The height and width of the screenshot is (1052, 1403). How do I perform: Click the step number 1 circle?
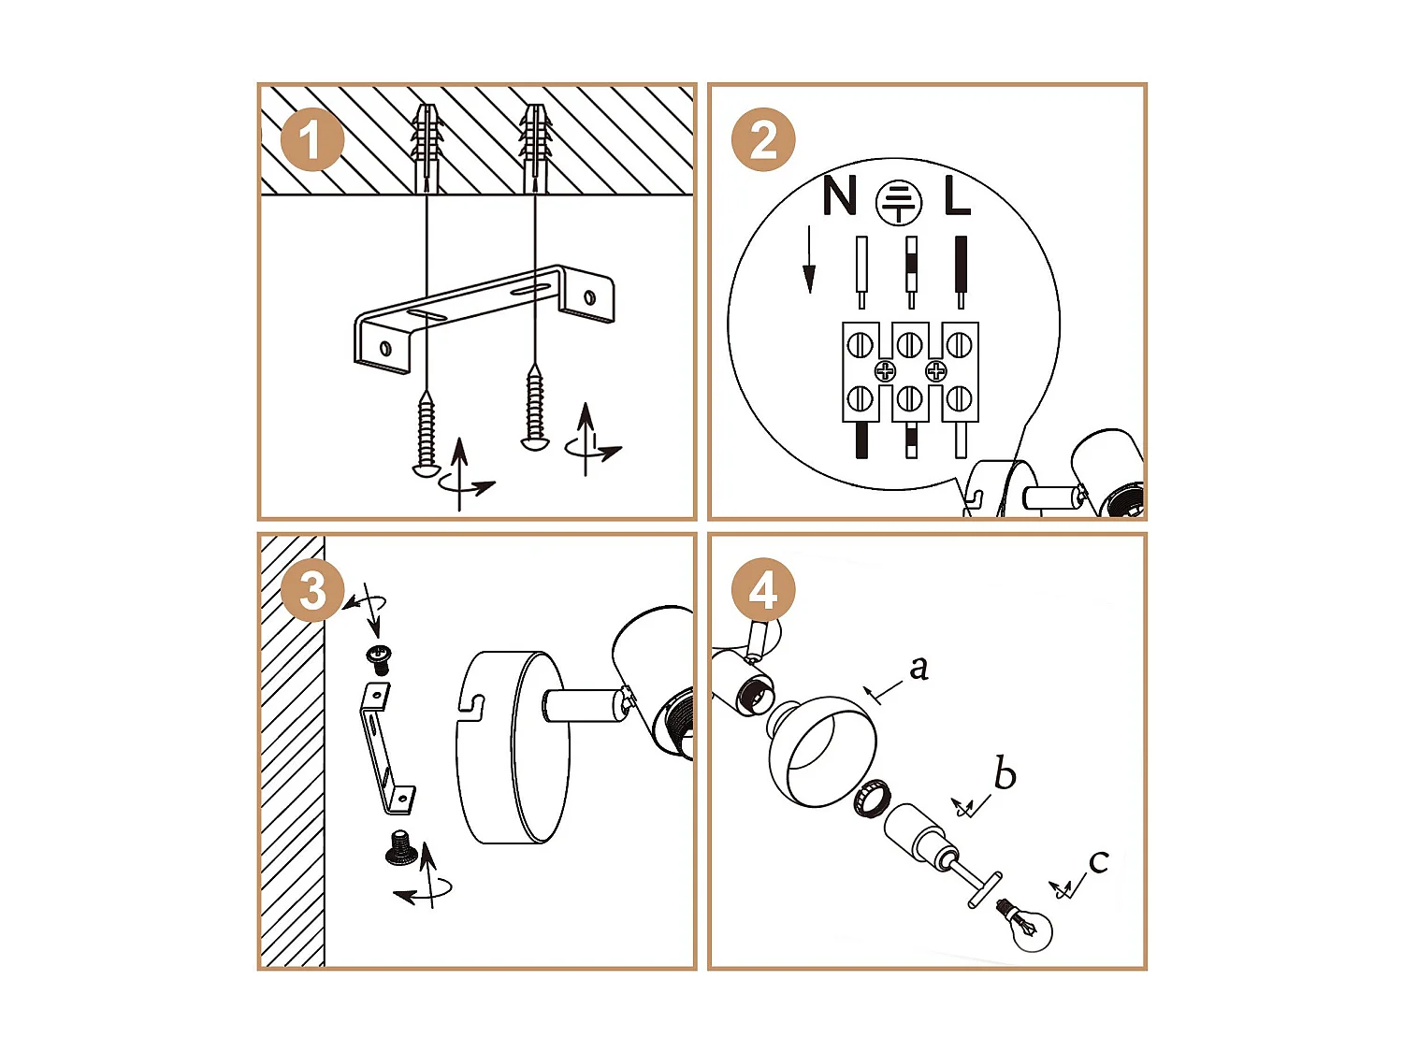point(311,140)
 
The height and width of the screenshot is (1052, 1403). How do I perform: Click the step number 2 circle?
point(762,140)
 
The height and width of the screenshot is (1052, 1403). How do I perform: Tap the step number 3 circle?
point(311,590)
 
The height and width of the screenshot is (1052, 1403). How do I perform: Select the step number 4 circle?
point(762,590)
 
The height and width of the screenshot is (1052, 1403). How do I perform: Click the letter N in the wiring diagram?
point(839,196)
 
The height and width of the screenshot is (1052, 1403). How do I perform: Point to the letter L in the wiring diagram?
point(957,197)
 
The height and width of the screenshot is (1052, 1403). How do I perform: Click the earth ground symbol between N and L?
point(899,202)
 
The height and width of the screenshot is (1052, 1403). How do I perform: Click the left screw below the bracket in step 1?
point(427,435)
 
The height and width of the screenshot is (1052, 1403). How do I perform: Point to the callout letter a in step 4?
point(918,667)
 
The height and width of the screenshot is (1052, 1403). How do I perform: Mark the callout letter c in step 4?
point(1098,861)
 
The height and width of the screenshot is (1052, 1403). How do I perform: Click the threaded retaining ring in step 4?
point(872,798)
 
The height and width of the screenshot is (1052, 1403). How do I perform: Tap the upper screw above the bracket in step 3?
point(379,657)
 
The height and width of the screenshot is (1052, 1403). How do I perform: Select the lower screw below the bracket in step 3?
point(400,847)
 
